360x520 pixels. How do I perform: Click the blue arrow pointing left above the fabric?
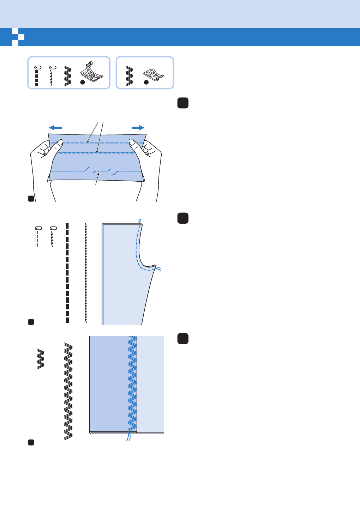click(x=55, y=128)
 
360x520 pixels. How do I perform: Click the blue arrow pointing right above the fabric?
click(x=138, y=128)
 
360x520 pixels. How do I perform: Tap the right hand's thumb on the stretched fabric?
click(x=136, y=145)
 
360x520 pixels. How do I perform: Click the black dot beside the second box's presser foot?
click(x=146, y=82)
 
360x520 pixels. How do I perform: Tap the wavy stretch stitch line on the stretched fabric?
click(x=95, y=153)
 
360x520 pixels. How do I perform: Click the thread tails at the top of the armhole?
click(x=140, y=222)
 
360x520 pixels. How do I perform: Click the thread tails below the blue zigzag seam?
click(x=128, y=437)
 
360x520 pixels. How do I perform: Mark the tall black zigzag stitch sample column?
click(x=68, y=391)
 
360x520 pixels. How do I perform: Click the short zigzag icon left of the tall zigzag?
click(x=41, y=359)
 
